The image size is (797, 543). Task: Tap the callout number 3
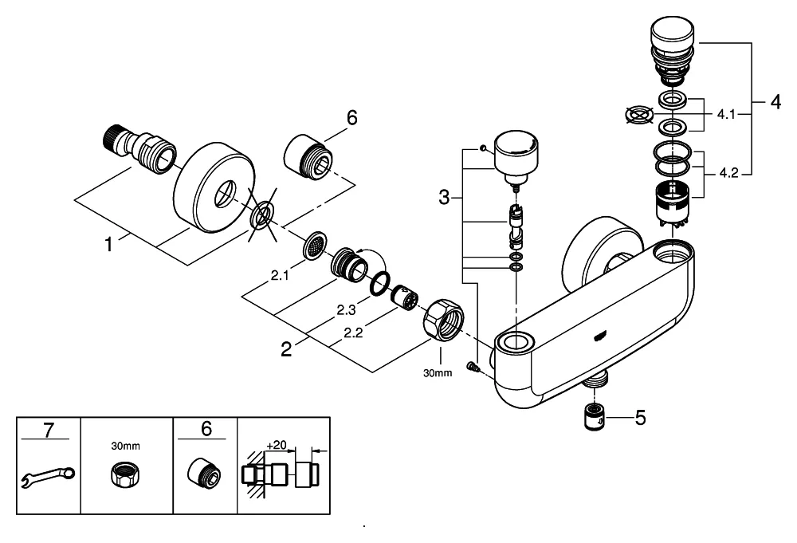(x=445, y=196)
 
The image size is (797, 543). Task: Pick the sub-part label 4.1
(x=725, y=114)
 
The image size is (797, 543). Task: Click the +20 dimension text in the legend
(x=277, y=444)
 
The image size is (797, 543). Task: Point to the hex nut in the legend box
(x=127, y=476)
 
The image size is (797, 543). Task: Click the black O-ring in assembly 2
(x=380, y=282)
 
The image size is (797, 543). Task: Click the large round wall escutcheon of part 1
(x=212, y=187)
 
